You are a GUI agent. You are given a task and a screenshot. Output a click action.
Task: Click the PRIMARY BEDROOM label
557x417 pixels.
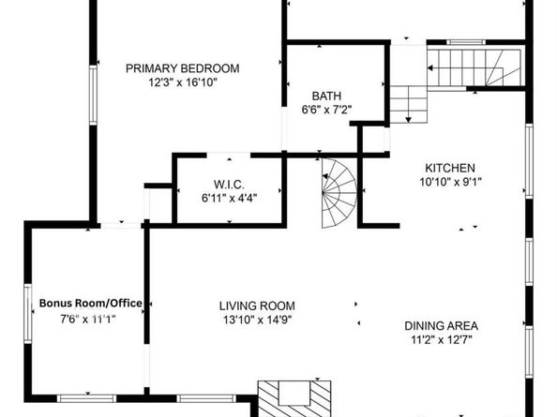click(183, 68)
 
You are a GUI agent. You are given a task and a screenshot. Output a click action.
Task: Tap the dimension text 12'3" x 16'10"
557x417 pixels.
click(183, 82)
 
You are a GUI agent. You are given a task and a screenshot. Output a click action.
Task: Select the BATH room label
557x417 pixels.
click(326, 96)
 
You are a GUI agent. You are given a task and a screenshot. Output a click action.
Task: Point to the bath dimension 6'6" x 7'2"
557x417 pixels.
click(326, 110)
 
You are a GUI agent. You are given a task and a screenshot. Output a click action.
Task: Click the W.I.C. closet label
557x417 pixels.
click(229, 185)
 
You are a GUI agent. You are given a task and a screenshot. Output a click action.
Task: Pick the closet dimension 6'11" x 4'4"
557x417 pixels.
click(229, 198)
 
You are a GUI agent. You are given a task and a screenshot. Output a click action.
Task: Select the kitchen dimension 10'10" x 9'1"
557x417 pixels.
click(450, 182)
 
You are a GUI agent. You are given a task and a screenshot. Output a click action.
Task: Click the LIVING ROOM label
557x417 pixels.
click(257, 305)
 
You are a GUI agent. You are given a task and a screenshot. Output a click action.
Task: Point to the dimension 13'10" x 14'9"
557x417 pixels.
click(257, 320)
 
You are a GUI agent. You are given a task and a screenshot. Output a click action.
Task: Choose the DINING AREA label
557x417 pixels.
click(442, 326)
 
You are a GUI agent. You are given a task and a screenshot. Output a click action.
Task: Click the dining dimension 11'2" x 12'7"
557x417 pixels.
click(442, 340)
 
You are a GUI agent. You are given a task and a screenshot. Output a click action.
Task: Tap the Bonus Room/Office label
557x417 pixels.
click(91, 304)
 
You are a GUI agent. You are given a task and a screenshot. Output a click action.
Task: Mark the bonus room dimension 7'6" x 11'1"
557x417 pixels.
click(88, 320)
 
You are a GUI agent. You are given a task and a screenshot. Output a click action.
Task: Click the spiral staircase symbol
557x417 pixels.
click(339, 193)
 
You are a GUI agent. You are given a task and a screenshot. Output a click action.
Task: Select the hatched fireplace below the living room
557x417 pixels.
click(294, 399)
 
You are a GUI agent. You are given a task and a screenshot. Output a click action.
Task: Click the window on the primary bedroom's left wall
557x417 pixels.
click(93, 95)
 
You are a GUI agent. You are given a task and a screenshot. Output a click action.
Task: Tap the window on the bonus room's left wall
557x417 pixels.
click(28, 314)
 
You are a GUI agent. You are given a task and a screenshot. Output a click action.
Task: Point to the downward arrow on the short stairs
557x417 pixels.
click(409, 119)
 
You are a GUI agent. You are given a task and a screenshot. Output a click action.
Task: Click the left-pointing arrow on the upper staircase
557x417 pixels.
click(430, 67)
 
